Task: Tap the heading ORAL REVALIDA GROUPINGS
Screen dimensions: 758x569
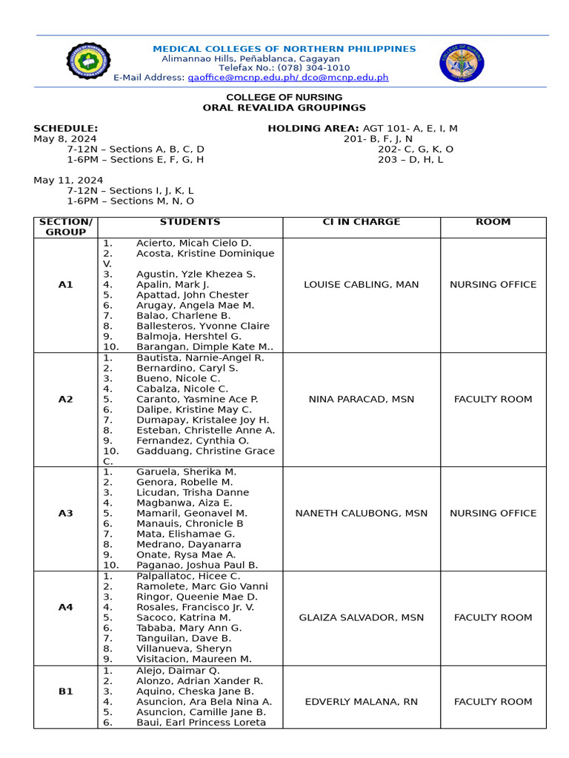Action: click(x=284, y=108)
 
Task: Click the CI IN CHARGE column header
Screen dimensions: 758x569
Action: click(x=361, y=222)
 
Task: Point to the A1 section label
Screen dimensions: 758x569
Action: click(x=65, y=284)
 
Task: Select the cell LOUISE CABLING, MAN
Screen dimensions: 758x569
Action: click(x=361, y=284)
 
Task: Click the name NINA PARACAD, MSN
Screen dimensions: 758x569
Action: click(x=361, y=399)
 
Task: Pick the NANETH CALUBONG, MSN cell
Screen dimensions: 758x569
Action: click(x=361, y=513)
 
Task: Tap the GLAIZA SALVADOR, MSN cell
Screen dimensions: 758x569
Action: click(x=361, y=617)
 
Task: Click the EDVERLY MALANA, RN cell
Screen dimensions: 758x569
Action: click(x=361, y=702)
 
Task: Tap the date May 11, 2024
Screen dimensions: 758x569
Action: click(x=68, y=181)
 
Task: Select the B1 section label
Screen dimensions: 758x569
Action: click(x=65, y=691)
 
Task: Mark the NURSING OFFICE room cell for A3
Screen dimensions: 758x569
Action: click(x=493, y=513)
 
